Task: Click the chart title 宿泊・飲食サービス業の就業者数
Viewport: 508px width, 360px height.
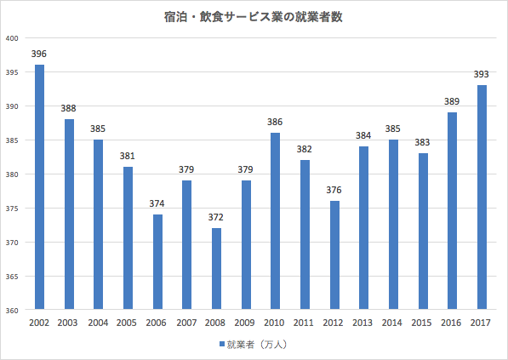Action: (x=254, y=16)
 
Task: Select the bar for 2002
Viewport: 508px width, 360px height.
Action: (x=39, y=187)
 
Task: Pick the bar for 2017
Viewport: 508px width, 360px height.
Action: (x=482, y=197)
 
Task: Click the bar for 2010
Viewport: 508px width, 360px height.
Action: (x=275, y=221)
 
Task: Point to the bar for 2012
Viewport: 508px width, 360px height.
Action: (x=334, y=255)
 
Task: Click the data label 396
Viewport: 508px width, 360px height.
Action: (x=39, y=54)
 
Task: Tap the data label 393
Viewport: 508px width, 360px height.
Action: (x=482, y=75)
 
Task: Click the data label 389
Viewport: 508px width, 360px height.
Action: (x=452, y=102)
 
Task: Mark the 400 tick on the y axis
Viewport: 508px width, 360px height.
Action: (x=12, y=38)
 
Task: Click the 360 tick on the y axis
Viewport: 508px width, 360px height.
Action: (x=12, y=311)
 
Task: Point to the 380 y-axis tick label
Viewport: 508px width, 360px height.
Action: (x=12, y=174)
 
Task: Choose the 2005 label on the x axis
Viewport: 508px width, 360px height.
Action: (x=128, y=323)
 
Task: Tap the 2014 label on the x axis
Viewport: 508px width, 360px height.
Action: (x=393, y=323)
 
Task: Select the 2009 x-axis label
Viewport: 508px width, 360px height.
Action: (x=246, y=323)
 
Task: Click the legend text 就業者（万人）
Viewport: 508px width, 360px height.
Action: (x=259, y=345)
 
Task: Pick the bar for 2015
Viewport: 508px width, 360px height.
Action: (x=423, y=231)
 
